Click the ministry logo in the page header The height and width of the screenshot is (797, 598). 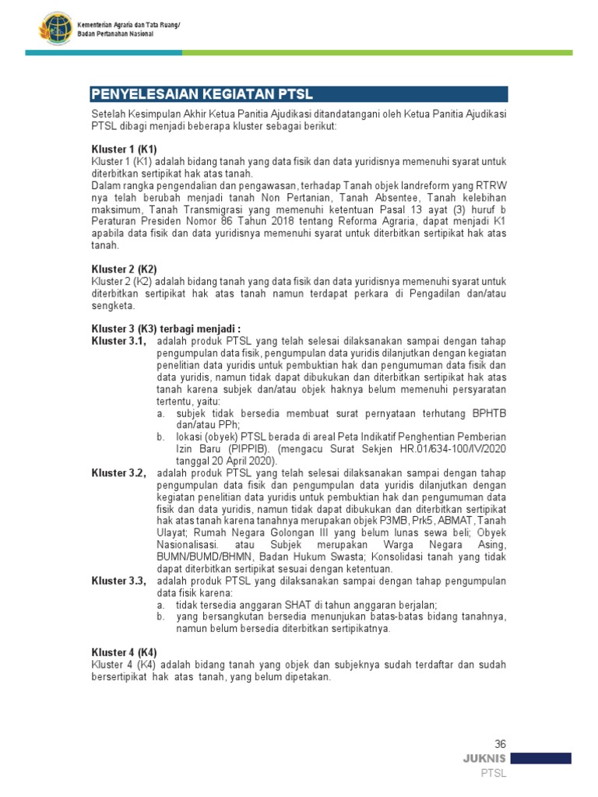[x=55, y=30]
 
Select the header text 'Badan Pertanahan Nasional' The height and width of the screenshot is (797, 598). [x=115, y=34]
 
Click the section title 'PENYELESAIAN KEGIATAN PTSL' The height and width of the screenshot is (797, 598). [x=202, y=94]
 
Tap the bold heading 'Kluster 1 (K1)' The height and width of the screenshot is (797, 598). [x=124, y=149]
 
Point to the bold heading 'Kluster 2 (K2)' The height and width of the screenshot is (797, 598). [x=124, y=269]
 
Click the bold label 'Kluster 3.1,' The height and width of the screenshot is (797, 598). [x=118, y=341]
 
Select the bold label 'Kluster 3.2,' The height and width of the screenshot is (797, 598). [x=118, y=473]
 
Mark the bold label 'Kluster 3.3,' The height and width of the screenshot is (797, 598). [x=118, y=581]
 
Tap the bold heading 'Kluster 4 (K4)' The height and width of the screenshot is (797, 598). [x=124, y=652]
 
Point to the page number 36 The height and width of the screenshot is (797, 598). [x=500, y=744]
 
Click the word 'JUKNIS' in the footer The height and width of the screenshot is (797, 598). [x=484, y=758]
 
